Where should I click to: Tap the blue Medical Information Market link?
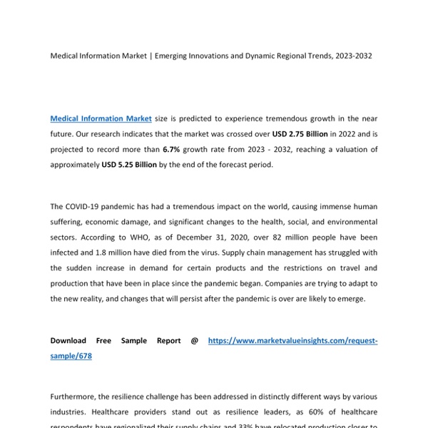[x=101, y=118]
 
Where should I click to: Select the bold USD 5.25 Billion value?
[x=136, y=165]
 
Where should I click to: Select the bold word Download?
[x=68, y=341]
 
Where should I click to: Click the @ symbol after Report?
[x=194, y=341]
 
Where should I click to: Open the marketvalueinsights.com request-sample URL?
[x=292, y=341]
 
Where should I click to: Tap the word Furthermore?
[x=76, y=397]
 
